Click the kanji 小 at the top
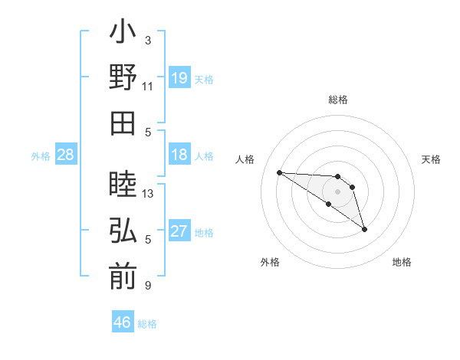coord(123,34)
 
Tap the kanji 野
coord(123,78)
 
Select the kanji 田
coord(123,123)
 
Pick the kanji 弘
coord(123,231)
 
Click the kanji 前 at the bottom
coord(123,276)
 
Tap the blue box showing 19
coord(179,78)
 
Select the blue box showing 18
coord(179,155)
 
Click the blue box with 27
coord(179,231)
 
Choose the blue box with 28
coord(66,155)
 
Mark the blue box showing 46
coord(123,322)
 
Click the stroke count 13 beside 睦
coord(148,194)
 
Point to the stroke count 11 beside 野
coord(148,86)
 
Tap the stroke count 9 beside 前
coord(148,286)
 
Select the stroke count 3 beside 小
coord(148,41)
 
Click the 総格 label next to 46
coord(148,324)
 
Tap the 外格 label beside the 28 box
coord(41,156)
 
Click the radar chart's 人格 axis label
coord(245,159)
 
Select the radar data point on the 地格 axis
coord(364,229)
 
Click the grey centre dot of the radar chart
coord(337,191)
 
